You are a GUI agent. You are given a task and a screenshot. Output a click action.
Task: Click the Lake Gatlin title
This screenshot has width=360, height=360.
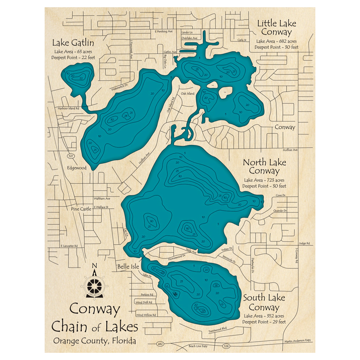coord(73,43)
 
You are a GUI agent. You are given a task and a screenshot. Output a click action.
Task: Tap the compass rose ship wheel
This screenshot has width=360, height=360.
coord(95,285)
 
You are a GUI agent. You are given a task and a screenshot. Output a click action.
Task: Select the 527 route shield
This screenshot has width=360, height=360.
coord(71,156)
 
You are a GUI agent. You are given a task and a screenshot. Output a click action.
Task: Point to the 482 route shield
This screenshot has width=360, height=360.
coord(160,344)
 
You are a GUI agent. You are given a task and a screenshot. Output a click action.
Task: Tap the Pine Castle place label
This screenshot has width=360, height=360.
coord(81,209)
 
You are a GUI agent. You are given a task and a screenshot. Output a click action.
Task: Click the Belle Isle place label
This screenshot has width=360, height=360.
coord(126,267)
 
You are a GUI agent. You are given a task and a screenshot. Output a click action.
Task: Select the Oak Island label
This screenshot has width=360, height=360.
coord(188,94)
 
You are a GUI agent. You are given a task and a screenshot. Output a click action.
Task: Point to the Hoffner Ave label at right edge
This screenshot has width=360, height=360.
coord(291,150)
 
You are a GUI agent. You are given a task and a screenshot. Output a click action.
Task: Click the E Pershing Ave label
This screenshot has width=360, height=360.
coord(164,32)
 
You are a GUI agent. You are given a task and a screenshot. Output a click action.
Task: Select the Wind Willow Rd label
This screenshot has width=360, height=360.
coord(146,315)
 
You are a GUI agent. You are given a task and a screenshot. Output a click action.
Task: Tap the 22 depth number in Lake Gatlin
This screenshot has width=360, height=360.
coord(81,78)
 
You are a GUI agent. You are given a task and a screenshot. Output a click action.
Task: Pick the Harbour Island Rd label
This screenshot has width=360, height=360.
coord(68,108)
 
